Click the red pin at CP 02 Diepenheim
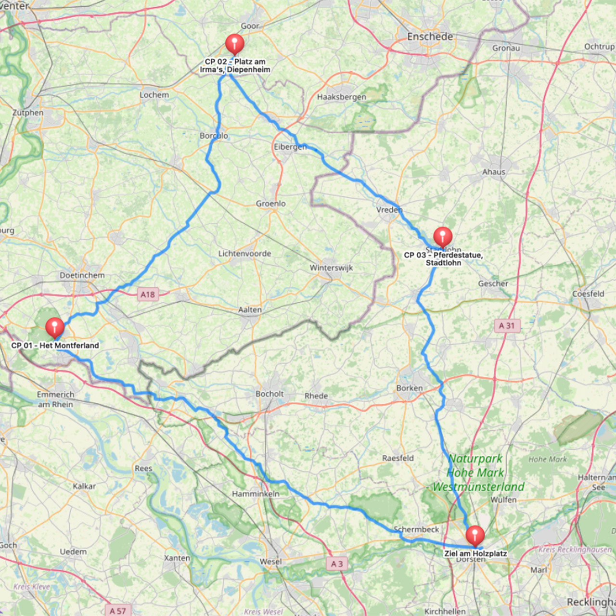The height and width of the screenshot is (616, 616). (235, 43)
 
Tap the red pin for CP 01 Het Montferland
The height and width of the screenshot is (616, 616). (55, 327)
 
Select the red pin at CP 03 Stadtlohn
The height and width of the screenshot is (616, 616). (443, 236)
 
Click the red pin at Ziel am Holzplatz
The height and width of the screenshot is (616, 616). (475, 535)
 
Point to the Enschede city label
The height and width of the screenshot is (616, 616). (430, 37)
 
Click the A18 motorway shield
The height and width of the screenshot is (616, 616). (148, 295)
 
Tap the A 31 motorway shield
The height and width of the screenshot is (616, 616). (507, 326)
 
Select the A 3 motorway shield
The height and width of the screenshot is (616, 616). (337, 564)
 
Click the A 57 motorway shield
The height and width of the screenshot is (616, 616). (117, 611)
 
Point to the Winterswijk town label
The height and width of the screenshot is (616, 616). (331, 268)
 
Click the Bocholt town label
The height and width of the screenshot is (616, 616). (269, 394)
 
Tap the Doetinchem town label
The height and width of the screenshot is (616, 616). (82, 275)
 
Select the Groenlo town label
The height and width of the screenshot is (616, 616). (270, 204)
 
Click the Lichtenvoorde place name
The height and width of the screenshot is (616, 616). (244, 254)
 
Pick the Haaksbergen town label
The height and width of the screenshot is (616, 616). (341, 97)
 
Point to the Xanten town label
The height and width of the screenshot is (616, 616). (177, 558)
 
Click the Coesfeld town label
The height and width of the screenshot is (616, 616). (588, 294)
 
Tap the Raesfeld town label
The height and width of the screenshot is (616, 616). (398, 458)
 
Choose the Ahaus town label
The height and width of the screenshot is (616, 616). (494, 172)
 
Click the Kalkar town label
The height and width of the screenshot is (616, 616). (84, 486)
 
